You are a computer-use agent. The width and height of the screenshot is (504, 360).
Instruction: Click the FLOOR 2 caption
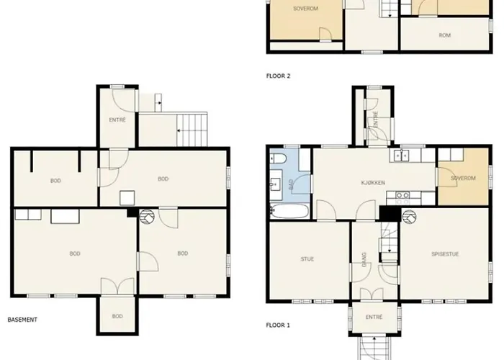click(278, 76)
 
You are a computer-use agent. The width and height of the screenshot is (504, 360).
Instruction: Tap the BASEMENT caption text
click(22, 320)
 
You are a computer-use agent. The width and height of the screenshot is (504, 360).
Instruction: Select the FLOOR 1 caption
click(278, 325)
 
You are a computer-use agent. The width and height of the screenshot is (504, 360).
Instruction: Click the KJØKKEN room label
click(373, 183)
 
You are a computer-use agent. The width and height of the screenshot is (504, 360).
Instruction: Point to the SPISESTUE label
click(445, 254)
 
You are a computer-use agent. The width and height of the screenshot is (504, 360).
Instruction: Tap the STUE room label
click(307, 259)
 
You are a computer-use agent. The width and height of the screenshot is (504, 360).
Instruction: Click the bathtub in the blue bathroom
click(289, 211)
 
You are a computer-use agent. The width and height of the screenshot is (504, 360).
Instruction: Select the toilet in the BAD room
click(278, 159)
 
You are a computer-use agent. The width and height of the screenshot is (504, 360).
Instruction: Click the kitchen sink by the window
click(401, 156)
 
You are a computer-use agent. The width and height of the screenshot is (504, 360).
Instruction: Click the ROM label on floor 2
click(444, 35)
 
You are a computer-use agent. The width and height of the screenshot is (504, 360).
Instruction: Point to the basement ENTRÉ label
click(117, 120)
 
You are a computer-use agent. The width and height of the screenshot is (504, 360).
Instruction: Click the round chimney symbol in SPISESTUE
click(409, 217)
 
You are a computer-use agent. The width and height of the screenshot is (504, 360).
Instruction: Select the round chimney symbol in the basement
click(147, 216)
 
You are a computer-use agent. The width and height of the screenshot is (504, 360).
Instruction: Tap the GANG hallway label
click(364, 259)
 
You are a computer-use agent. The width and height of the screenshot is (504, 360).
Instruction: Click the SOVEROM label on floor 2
click(305, 9)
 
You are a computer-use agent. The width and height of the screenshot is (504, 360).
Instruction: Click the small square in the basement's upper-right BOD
click(127, 198)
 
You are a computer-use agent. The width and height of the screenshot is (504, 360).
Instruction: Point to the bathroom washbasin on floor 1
click(276, 184)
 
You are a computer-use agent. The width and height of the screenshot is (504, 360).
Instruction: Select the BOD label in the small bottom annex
click(117, 316)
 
